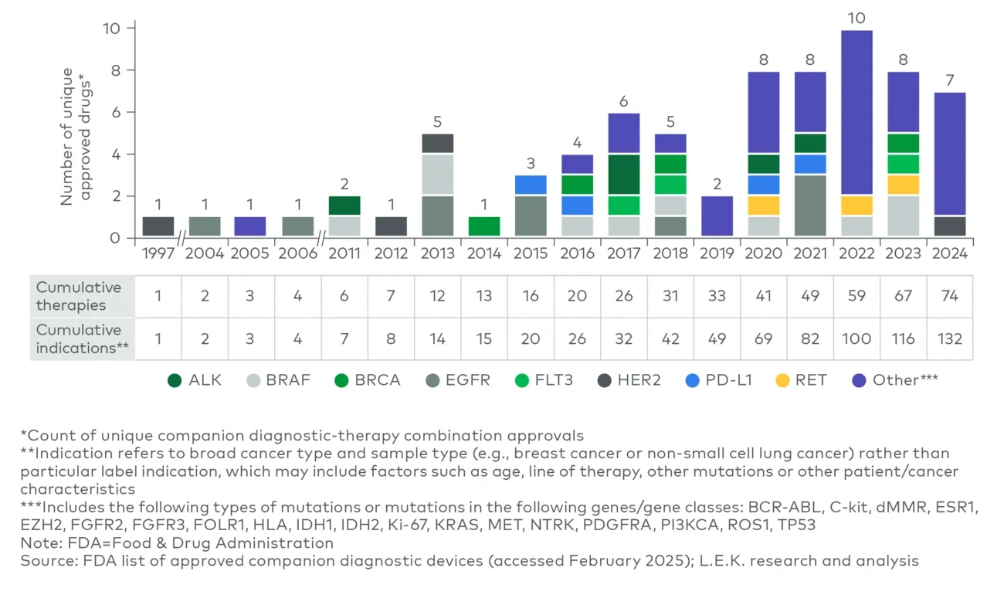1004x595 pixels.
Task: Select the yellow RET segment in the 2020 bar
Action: (763, 206)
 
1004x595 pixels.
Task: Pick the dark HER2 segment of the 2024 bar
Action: (949, 226)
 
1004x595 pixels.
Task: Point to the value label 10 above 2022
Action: (856, 18)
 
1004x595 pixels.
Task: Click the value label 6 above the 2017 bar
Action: (624, 101)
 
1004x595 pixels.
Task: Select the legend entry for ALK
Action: (195, 380)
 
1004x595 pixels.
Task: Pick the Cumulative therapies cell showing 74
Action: (949, 295)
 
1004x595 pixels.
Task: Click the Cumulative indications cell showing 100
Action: (856, 338)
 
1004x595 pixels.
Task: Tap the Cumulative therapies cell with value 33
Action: (717, 295)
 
